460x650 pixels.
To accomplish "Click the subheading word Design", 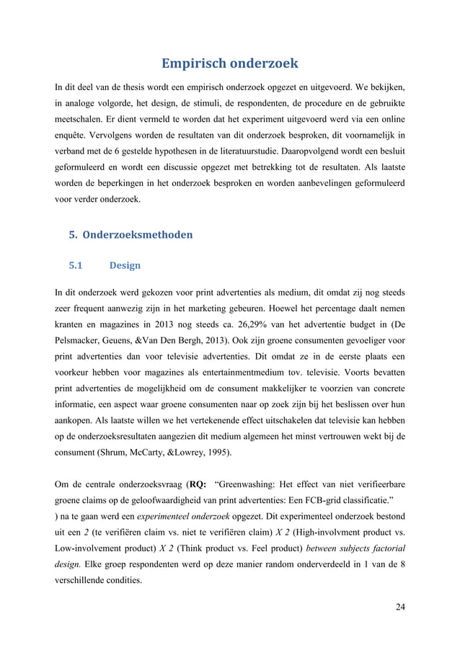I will point(125,265).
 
